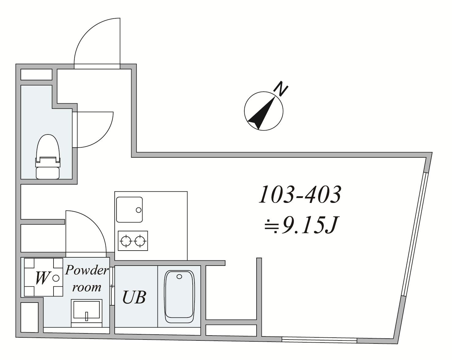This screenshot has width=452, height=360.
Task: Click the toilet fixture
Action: [48, 156]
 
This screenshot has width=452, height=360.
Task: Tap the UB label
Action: [134, 297]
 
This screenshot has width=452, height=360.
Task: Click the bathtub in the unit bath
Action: [179, 296]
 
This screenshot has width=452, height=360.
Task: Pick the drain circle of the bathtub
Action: [179, 277]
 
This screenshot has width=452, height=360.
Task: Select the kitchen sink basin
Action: [129, 210]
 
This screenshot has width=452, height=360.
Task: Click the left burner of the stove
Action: [126, 241]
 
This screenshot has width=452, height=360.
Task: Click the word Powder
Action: [87, 270]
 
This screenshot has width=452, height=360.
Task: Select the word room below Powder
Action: [87, 287]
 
